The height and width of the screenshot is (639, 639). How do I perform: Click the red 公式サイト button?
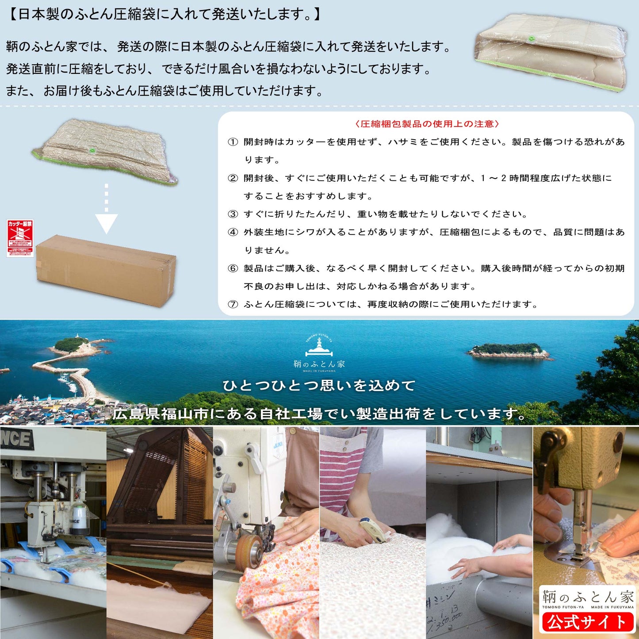[587, 622]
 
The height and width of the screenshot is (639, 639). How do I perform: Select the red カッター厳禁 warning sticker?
[20, 238]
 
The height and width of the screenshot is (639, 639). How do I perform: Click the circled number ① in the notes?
[233, 142]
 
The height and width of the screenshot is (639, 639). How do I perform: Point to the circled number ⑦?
[233, 304]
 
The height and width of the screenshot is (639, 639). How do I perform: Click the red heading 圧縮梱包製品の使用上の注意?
[427, 124]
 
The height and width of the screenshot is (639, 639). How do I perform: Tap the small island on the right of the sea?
[509, 351]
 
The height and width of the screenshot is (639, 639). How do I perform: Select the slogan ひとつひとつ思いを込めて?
[319, 386]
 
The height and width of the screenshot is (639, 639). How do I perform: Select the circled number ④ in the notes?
[233, 232]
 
